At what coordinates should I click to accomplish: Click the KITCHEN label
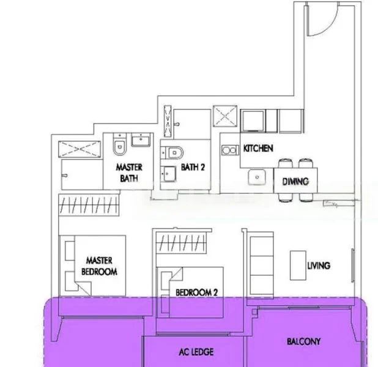(x=258, y=149)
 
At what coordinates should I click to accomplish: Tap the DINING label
(x=295, y=181)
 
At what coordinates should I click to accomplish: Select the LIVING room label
(x=319, y=265)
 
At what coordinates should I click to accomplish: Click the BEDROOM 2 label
(x=196, y=293)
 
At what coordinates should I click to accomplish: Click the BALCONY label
(x=304, y=341)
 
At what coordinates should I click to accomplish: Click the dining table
(x=296, y=181)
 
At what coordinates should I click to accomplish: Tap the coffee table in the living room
(x=298, y=263)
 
